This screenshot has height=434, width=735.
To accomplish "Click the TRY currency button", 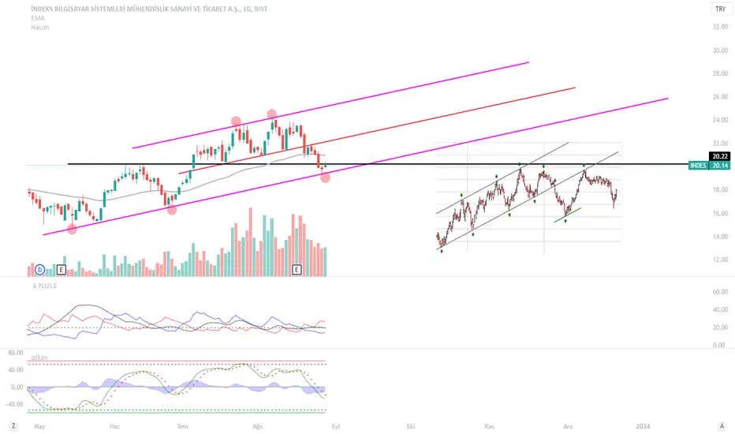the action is tap(721, 9).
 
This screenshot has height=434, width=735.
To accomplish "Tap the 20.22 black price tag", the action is tap(719, 157).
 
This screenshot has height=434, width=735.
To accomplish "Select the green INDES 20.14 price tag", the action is tap(709, 165).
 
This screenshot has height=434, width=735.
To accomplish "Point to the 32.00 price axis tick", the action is tap(720, 27).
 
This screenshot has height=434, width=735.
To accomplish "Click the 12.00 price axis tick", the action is tap(720, 260).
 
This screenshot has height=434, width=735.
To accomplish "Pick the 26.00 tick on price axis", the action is tap(720, 96).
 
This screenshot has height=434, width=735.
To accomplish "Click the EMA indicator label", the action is tap(38, 18).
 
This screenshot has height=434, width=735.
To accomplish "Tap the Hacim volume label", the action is tap(40, 27).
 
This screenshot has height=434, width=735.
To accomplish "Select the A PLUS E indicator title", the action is tap(44, 286).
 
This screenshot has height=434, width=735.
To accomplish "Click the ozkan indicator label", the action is tap(39, 357).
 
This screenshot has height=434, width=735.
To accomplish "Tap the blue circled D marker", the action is tap(40, 270).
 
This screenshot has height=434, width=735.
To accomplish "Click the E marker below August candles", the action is tap(297, 270).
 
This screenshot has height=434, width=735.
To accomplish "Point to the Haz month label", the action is tap(114, 426).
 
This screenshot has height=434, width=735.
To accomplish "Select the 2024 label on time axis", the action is tap(643, 426).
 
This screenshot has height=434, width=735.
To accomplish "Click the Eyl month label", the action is tap(336, 426).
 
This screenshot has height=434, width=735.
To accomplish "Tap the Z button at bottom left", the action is tap(13, 426).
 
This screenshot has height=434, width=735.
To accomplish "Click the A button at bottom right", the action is tap(722, 426).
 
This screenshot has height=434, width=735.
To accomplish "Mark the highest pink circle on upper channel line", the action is tap(272, 114).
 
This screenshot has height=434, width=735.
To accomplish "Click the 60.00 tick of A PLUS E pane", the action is tap(720, 292).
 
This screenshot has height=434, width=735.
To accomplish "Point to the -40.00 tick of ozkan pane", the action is tap(14, 404).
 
